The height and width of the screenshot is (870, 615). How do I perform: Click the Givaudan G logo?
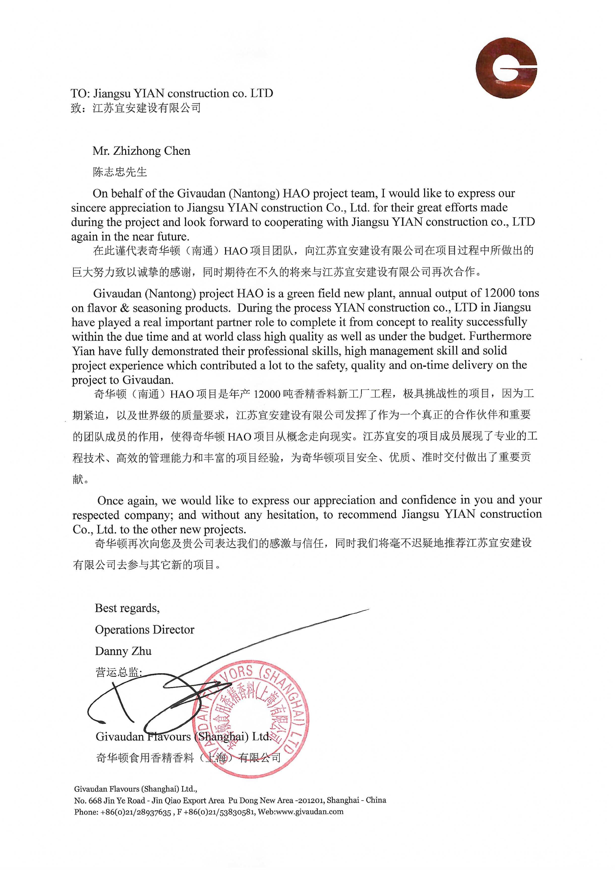pyautogui.click(x=506, y=68)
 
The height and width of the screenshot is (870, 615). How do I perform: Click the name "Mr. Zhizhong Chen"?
pyautogui.click(x=141, y=151)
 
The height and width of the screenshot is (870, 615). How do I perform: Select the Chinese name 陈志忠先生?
pyautogui.click(x=120, y=172)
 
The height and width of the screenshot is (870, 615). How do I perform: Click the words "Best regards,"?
pyautogui.click(x=127, y=608)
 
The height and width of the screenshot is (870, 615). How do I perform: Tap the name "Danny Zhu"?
pyautogui.click(x=123, y=651)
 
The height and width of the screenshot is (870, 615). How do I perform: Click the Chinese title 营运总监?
pyautogui.click(x=118, y=673)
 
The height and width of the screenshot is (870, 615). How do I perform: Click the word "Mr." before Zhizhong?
pyautogui.click(x=100, y=151)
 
